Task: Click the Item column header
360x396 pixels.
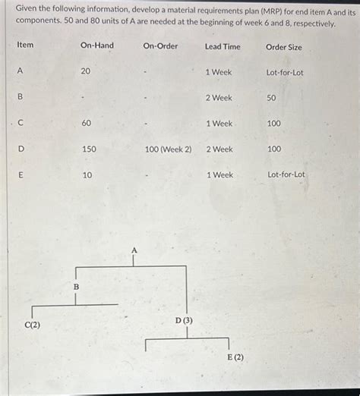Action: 25,46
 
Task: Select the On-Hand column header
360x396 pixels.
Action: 96,46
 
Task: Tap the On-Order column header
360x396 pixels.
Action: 160,46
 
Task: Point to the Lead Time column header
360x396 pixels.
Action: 223,47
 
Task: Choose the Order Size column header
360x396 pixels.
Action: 284,47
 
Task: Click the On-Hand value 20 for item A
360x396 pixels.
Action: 86,71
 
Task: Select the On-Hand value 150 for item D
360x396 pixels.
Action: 89,149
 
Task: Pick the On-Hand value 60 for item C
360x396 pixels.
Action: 87,123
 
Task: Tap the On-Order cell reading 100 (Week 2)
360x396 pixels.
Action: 168,149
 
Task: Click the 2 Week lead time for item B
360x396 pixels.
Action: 219,98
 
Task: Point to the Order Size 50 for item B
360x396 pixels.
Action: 271,98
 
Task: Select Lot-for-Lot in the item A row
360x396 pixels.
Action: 285,73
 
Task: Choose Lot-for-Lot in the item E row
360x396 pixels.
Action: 286,174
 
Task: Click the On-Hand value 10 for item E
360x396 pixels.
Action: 87,174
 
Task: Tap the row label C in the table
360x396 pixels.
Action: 21,123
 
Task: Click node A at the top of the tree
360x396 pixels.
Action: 134,250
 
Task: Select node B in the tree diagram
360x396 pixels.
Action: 75,286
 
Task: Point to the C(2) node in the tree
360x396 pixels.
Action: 33,325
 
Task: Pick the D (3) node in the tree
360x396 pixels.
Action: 184,320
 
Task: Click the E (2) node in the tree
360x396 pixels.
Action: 235,357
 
